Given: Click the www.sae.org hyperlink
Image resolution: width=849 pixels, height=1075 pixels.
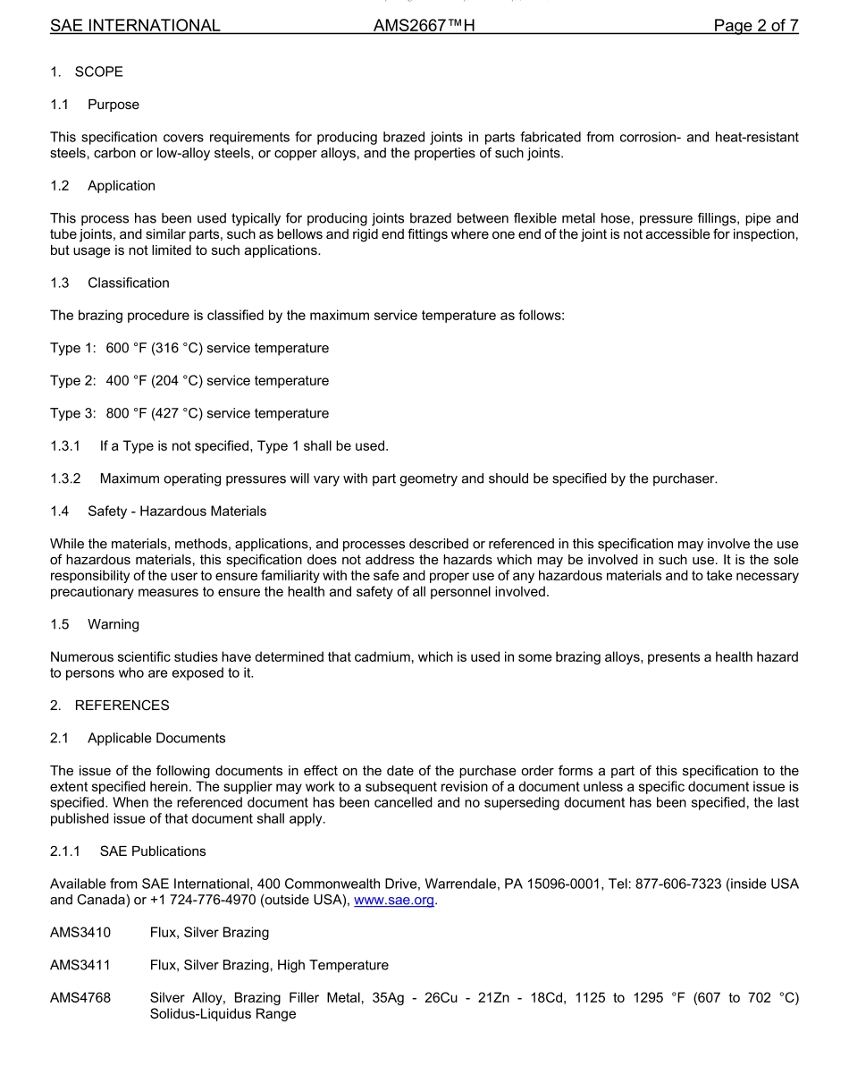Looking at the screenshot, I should (x=394, y=901).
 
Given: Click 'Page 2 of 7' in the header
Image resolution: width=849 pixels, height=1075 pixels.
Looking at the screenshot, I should (x=755, y=26).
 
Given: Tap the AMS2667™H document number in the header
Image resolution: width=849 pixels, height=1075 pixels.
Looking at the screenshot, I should (x=424, y=26).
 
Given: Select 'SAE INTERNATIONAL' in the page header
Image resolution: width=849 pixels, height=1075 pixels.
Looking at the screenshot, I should (x=135, y=26).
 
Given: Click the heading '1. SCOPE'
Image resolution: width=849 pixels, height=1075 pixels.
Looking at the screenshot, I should (x=87, y=72).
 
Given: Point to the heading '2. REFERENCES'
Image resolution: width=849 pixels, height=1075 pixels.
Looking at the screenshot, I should (x=109, y=706).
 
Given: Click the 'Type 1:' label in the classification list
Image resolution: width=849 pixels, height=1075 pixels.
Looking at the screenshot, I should (x=72, y=348).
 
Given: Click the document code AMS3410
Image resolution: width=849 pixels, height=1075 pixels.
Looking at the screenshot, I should (x=80, y=933).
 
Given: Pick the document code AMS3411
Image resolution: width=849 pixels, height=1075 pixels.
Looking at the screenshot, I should (x=80, y=966).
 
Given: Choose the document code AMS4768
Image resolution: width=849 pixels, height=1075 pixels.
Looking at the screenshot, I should (x=80, y=998).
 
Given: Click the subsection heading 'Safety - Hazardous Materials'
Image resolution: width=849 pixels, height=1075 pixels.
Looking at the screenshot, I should (x=177, y=512).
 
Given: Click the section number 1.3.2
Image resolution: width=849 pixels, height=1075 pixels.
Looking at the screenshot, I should (x=65, y=478).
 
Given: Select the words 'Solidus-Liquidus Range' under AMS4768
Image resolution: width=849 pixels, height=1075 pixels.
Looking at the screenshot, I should (x=223, y=1015).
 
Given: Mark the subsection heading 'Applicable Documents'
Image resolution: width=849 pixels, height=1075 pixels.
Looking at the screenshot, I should (x=156, y=739).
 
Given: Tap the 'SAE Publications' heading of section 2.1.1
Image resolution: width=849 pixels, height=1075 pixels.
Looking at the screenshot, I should (x=153, y=851).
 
